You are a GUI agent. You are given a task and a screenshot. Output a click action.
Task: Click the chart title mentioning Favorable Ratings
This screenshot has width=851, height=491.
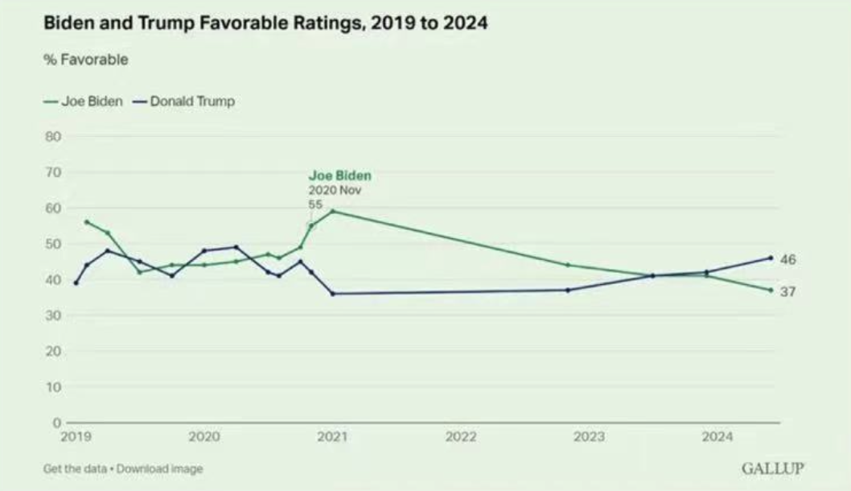tap(265, 24)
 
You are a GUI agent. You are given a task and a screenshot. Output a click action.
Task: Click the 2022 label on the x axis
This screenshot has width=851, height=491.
tap(461, 437)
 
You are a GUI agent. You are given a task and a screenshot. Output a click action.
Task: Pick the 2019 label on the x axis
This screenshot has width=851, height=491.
tap(76, 437)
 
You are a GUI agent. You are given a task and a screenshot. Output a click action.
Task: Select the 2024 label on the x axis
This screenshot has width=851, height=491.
tap(717, 437)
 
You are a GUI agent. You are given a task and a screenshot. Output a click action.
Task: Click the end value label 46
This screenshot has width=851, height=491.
tap(787, 259)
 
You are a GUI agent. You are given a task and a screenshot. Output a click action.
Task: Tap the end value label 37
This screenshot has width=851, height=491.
tap(787, 291)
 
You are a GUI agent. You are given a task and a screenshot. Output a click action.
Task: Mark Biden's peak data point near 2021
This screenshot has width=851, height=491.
tap(332, 211)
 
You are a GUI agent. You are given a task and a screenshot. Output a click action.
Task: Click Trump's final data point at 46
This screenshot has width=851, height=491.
tap(770, 258)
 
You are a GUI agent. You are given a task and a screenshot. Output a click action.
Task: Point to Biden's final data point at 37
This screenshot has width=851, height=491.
tap(770, 290)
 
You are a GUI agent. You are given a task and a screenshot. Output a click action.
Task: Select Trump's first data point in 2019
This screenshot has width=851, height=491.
tap(76, 283)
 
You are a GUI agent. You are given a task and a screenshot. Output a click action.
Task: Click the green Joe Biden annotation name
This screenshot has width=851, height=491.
tap(340, 175)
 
